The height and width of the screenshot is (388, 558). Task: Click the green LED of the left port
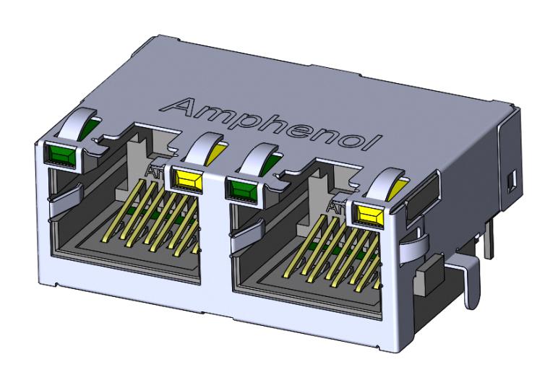click(x=61, y=152)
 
